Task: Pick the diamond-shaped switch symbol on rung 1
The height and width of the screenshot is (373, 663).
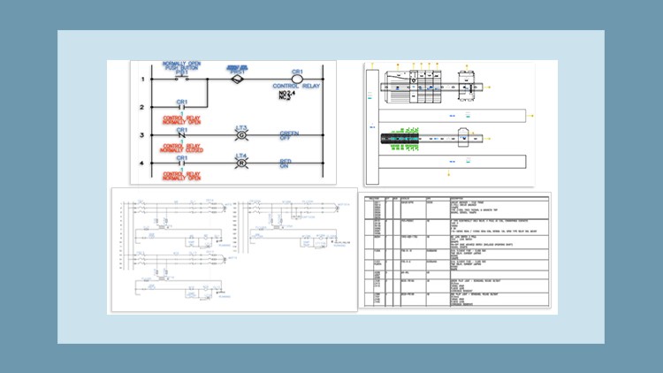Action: click(235, 79)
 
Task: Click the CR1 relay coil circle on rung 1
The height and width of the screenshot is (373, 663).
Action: click(297, 79)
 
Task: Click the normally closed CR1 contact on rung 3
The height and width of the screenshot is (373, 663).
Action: click(182, 136)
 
